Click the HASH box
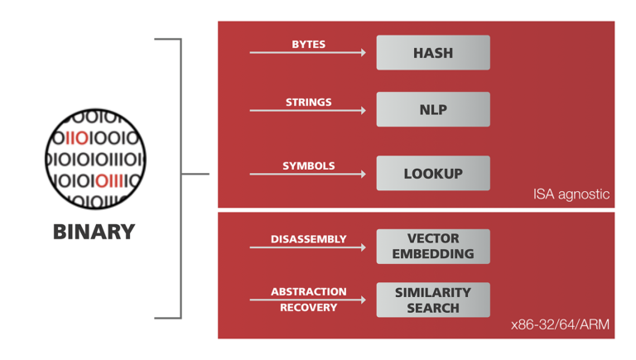pos(433,53)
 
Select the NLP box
pos(433,109)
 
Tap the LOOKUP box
pos(433,174)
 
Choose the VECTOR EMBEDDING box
pos(433,247)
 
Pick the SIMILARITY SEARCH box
pos(433,300)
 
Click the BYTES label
pos(308,44)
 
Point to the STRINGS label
pos(308,103)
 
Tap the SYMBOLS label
pos(308,166)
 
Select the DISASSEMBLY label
pos(308,239)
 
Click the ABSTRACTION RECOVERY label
pos(308,299)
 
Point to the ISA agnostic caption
pos(571,195)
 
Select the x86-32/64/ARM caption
pos(561,325)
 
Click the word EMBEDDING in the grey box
pos(433,254)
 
